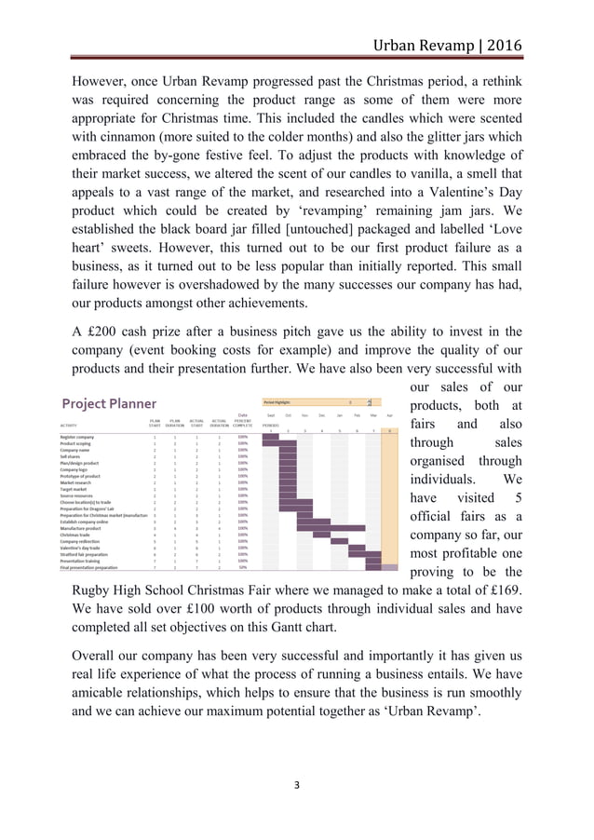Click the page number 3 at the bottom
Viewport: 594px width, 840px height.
(x=296, y=785)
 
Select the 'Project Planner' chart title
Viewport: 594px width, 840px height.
(x=109, y=403)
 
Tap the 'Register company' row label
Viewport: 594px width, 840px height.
(x=77, y=436)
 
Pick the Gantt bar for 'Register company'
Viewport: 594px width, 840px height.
(x=270, y=436)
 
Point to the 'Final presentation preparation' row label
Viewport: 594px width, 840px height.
(x=89, y=567)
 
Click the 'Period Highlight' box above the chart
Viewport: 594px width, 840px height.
(x=317, y=402)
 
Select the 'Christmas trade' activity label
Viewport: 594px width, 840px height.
(x=76, y=535)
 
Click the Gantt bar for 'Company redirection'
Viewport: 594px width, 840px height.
(x=340, y=541)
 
